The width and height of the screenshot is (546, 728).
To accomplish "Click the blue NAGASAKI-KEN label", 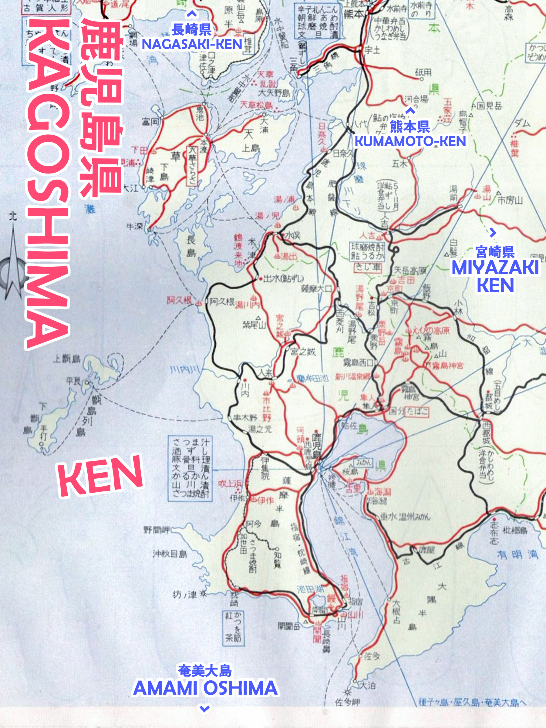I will click(192, 44).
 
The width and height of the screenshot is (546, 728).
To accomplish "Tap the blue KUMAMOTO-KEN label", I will click(410, 141).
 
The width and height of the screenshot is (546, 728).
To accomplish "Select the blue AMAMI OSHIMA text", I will click(205, 688).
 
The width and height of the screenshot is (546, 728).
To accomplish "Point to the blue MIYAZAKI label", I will click(495, 268).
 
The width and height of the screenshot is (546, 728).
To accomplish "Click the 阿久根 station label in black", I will click(222, 302).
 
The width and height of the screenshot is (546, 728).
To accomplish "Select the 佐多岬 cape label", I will click(347, 702).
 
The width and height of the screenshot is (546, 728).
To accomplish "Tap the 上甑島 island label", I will click(66, 359).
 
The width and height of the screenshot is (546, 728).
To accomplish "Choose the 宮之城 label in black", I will click(303, 352).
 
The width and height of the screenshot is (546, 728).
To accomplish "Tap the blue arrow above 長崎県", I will click(192, 14).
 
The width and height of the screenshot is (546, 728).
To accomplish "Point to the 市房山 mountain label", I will click(510, 200).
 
